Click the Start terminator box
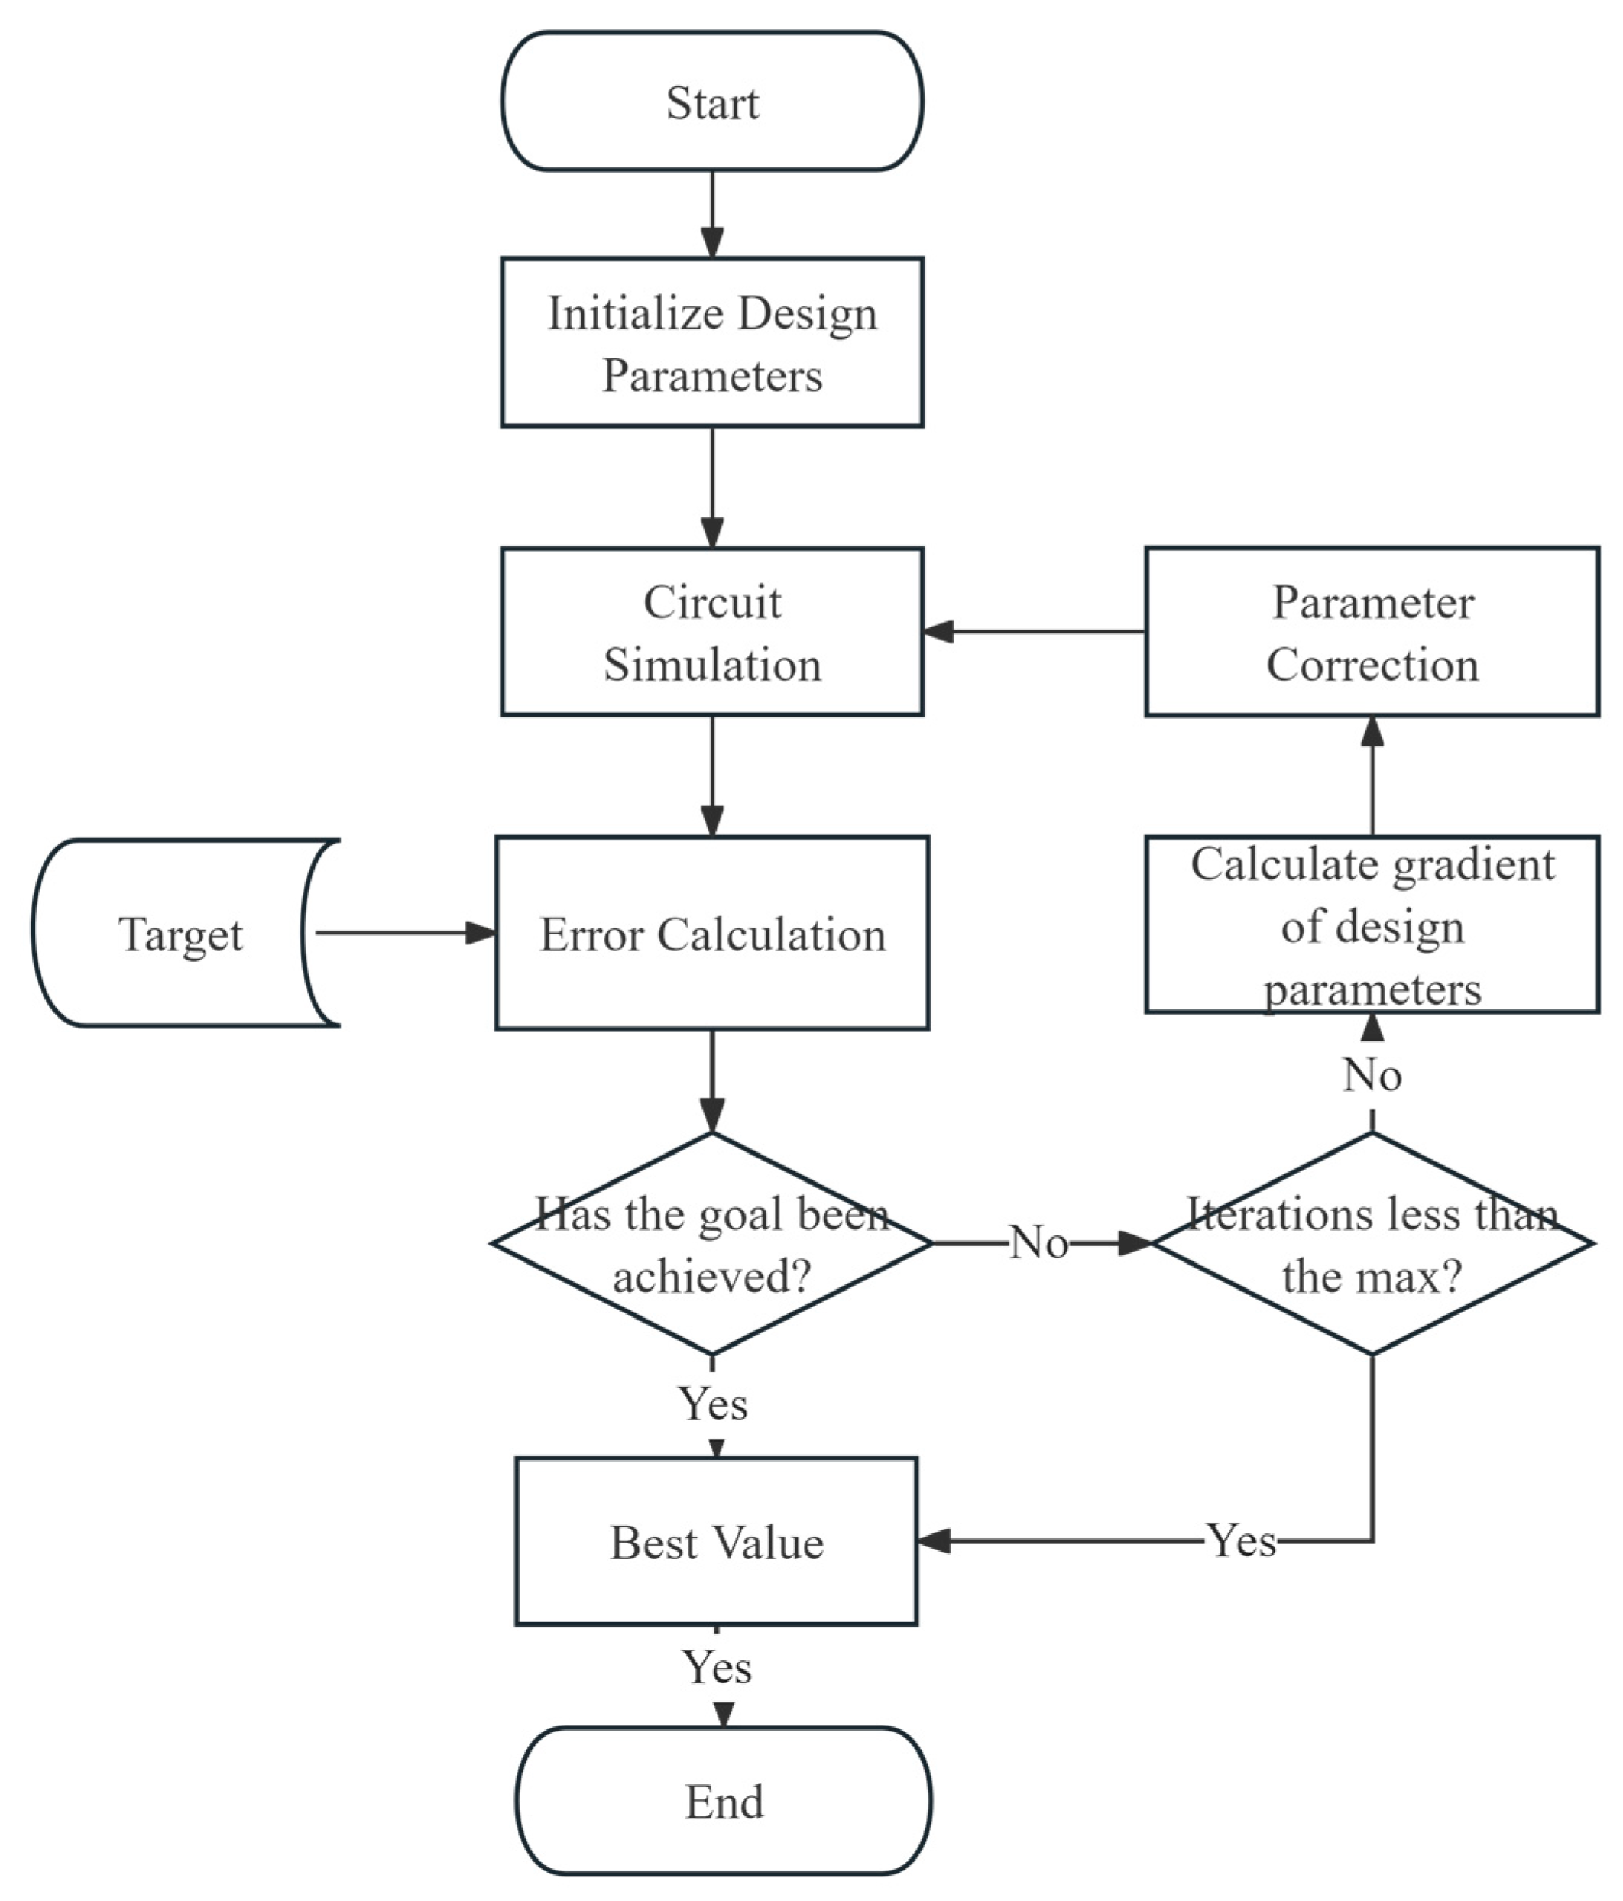point(711,102)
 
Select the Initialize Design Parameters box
point(711,342)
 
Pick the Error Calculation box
point(711,933)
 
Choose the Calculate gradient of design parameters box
point(1372,925)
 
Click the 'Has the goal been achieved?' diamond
point(711,1244)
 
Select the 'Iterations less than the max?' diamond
point(1372,1244)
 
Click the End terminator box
point(723,1800)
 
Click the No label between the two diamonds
point(1038,1244)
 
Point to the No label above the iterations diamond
point(1372,1074)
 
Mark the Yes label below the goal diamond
point(713,1404)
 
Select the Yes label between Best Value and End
point(717,1667)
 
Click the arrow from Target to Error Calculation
point(403,933)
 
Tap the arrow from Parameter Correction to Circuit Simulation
point(1033,631)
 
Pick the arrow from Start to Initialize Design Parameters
point(712,214)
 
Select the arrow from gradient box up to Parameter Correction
point(1372,776)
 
